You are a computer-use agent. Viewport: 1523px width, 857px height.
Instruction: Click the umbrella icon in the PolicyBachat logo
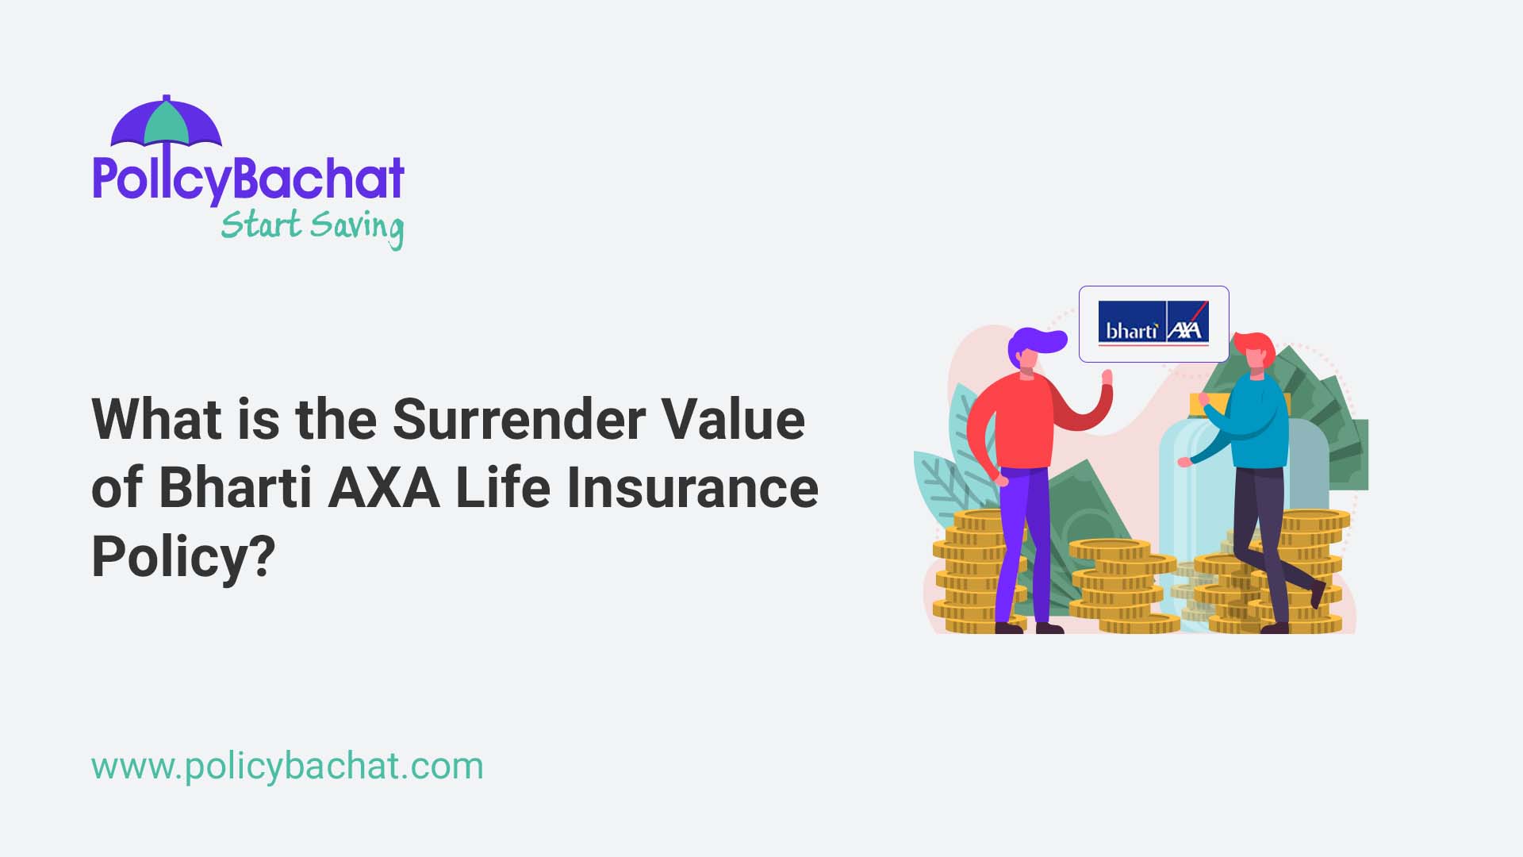pos(166,123)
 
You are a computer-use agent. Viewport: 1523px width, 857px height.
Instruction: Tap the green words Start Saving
pos(312,226)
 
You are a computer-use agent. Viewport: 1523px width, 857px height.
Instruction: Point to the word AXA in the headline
pos(384,487)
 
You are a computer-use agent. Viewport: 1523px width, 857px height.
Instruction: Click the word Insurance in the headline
pos(692,487)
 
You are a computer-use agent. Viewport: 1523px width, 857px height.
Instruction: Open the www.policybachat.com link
pos(287,767)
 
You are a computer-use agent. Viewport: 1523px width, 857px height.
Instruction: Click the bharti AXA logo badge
pos(1153,324)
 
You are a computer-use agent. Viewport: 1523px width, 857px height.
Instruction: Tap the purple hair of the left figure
pos(1034,342)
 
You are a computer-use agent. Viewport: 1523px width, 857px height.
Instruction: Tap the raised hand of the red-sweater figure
pos(1107,379)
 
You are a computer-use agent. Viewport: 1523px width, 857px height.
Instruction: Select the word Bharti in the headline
pos(235,487)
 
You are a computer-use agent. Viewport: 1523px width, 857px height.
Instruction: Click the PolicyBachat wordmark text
pos(248,179)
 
